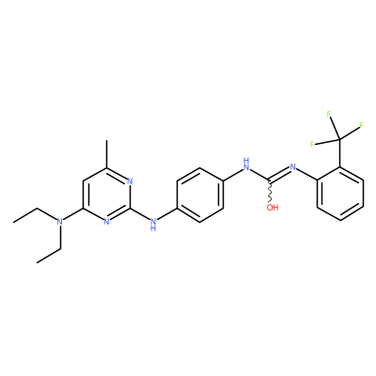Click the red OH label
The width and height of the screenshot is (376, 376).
point(273,208)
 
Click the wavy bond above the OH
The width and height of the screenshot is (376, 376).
point(271,192)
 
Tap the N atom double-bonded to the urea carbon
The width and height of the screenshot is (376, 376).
point(293,166)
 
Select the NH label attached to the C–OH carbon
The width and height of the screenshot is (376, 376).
point(246,164)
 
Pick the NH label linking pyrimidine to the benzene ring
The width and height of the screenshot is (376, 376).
point(153,225)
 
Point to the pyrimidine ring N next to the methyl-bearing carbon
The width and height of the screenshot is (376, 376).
point(131,181)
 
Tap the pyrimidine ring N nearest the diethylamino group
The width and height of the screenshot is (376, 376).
point(107,222)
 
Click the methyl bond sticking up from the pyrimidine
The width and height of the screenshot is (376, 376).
point(107,154)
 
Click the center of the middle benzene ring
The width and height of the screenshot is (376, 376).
point(200,195)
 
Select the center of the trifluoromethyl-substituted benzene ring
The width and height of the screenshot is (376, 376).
point(340,194)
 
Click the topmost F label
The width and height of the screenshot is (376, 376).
point(329,114)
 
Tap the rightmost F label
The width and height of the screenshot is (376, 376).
point(361,126)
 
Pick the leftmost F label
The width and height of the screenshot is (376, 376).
point(312,145)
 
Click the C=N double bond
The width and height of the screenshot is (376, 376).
point(279,174)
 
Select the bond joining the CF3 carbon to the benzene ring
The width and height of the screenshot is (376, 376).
point(340,153)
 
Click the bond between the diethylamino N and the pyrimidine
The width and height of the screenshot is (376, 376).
point(73,215)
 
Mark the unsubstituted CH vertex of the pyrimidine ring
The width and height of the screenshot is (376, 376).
point(84,181)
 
